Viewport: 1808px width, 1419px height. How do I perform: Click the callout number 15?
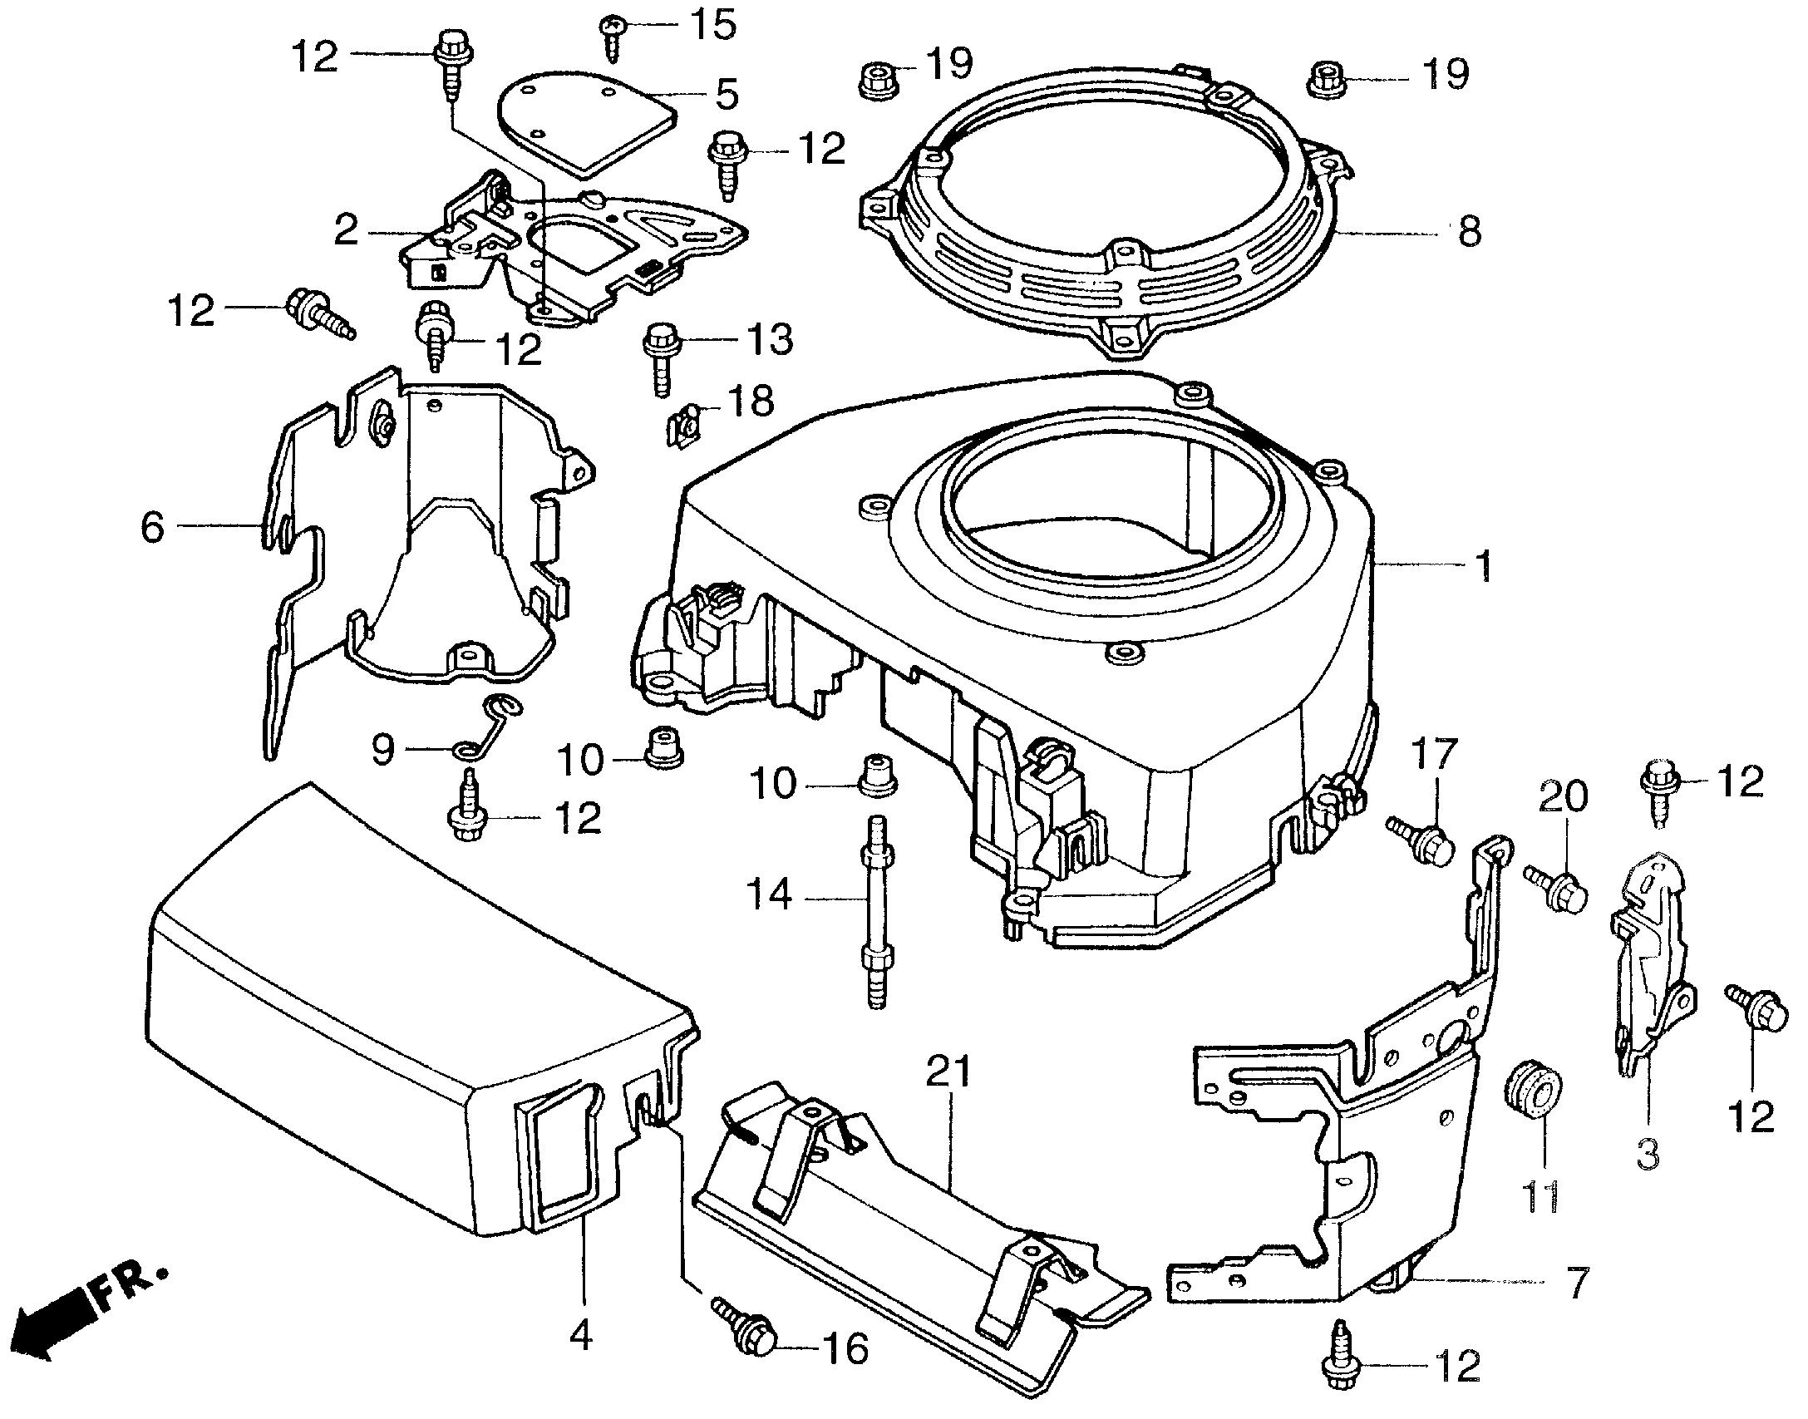(x=713, y=25)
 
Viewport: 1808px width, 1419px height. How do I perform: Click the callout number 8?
(x=1469, y=233)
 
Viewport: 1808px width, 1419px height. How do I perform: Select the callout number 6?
(x=152, y=526)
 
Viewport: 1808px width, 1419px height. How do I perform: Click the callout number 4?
(x=582, y=1337)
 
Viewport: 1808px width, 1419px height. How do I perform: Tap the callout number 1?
(x=1482, y=567)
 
